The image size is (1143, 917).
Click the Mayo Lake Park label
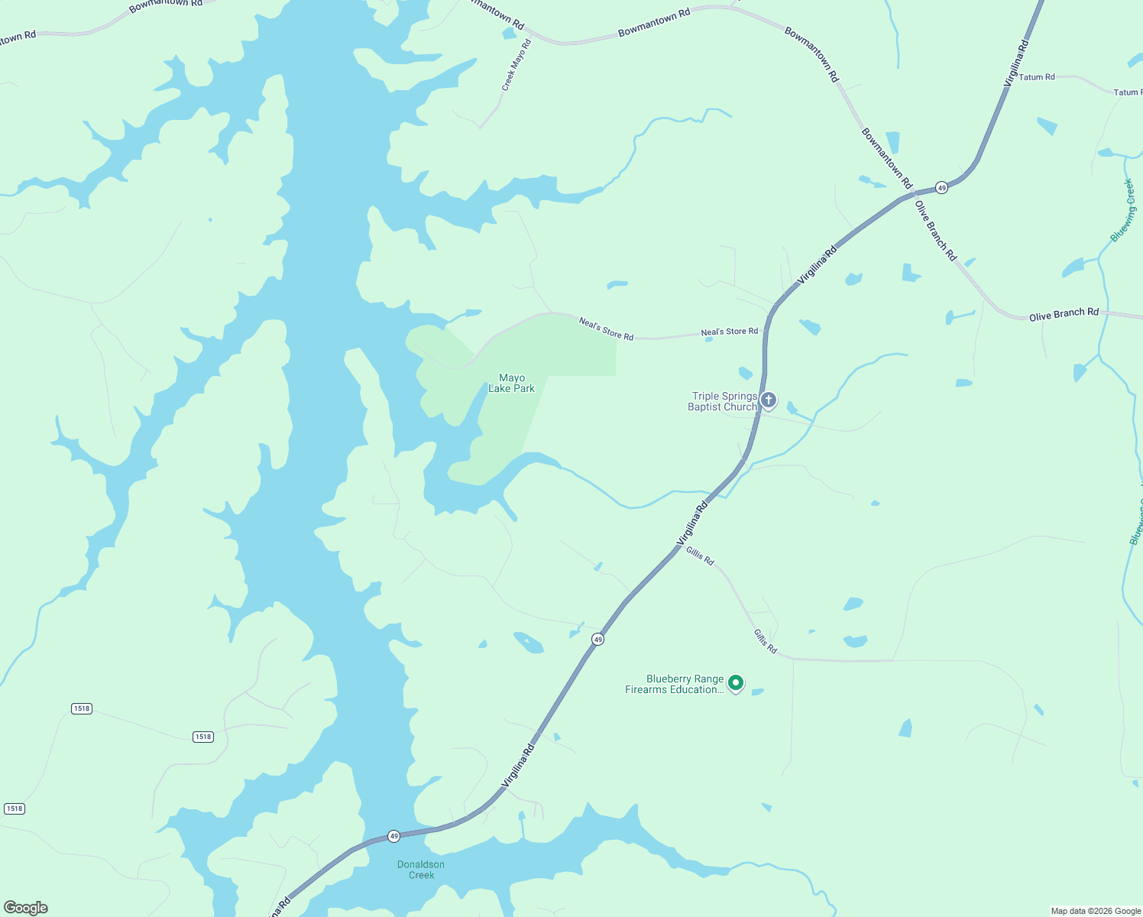512,383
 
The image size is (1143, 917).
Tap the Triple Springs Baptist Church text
722,401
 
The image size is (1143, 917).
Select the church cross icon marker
769,400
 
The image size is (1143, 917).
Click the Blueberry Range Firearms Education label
674,684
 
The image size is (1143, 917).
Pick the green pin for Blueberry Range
736,682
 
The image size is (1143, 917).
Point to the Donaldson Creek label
421,870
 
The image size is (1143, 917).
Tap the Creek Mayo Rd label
516,66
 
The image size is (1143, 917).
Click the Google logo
26,908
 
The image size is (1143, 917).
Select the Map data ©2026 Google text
1096,911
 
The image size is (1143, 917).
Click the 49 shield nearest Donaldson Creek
393,836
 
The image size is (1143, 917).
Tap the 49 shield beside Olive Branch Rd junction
942,187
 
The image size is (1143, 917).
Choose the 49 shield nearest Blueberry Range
598,639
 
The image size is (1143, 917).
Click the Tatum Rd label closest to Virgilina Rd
1037,77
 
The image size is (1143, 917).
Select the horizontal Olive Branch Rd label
1064,315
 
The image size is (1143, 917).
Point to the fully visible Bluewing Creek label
1122,210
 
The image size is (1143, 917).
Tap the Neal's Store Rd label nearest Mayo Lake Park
606,329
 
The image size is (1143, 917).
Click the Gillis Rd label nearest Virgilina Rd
700,556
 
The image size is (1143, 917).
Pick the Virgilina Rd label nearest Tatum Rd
1016,63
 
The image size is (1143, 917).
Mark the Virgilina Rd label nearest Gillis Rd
692,523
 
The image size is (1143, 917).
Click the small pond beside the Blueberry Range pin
758,692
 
